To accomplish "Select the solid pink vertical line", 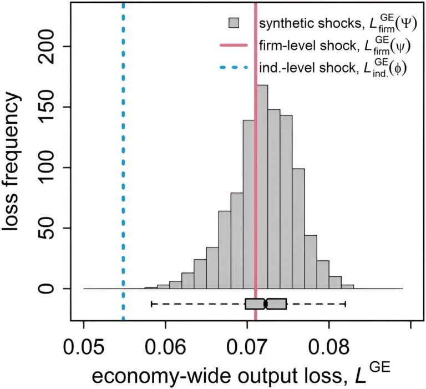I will tap(256, 166).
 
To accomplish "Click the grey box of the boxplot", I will tap(266, 304).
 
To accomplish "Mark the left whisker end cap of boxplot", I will tap(151, 304).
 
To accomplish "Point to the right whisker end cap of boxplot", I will tap(346, 304).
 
